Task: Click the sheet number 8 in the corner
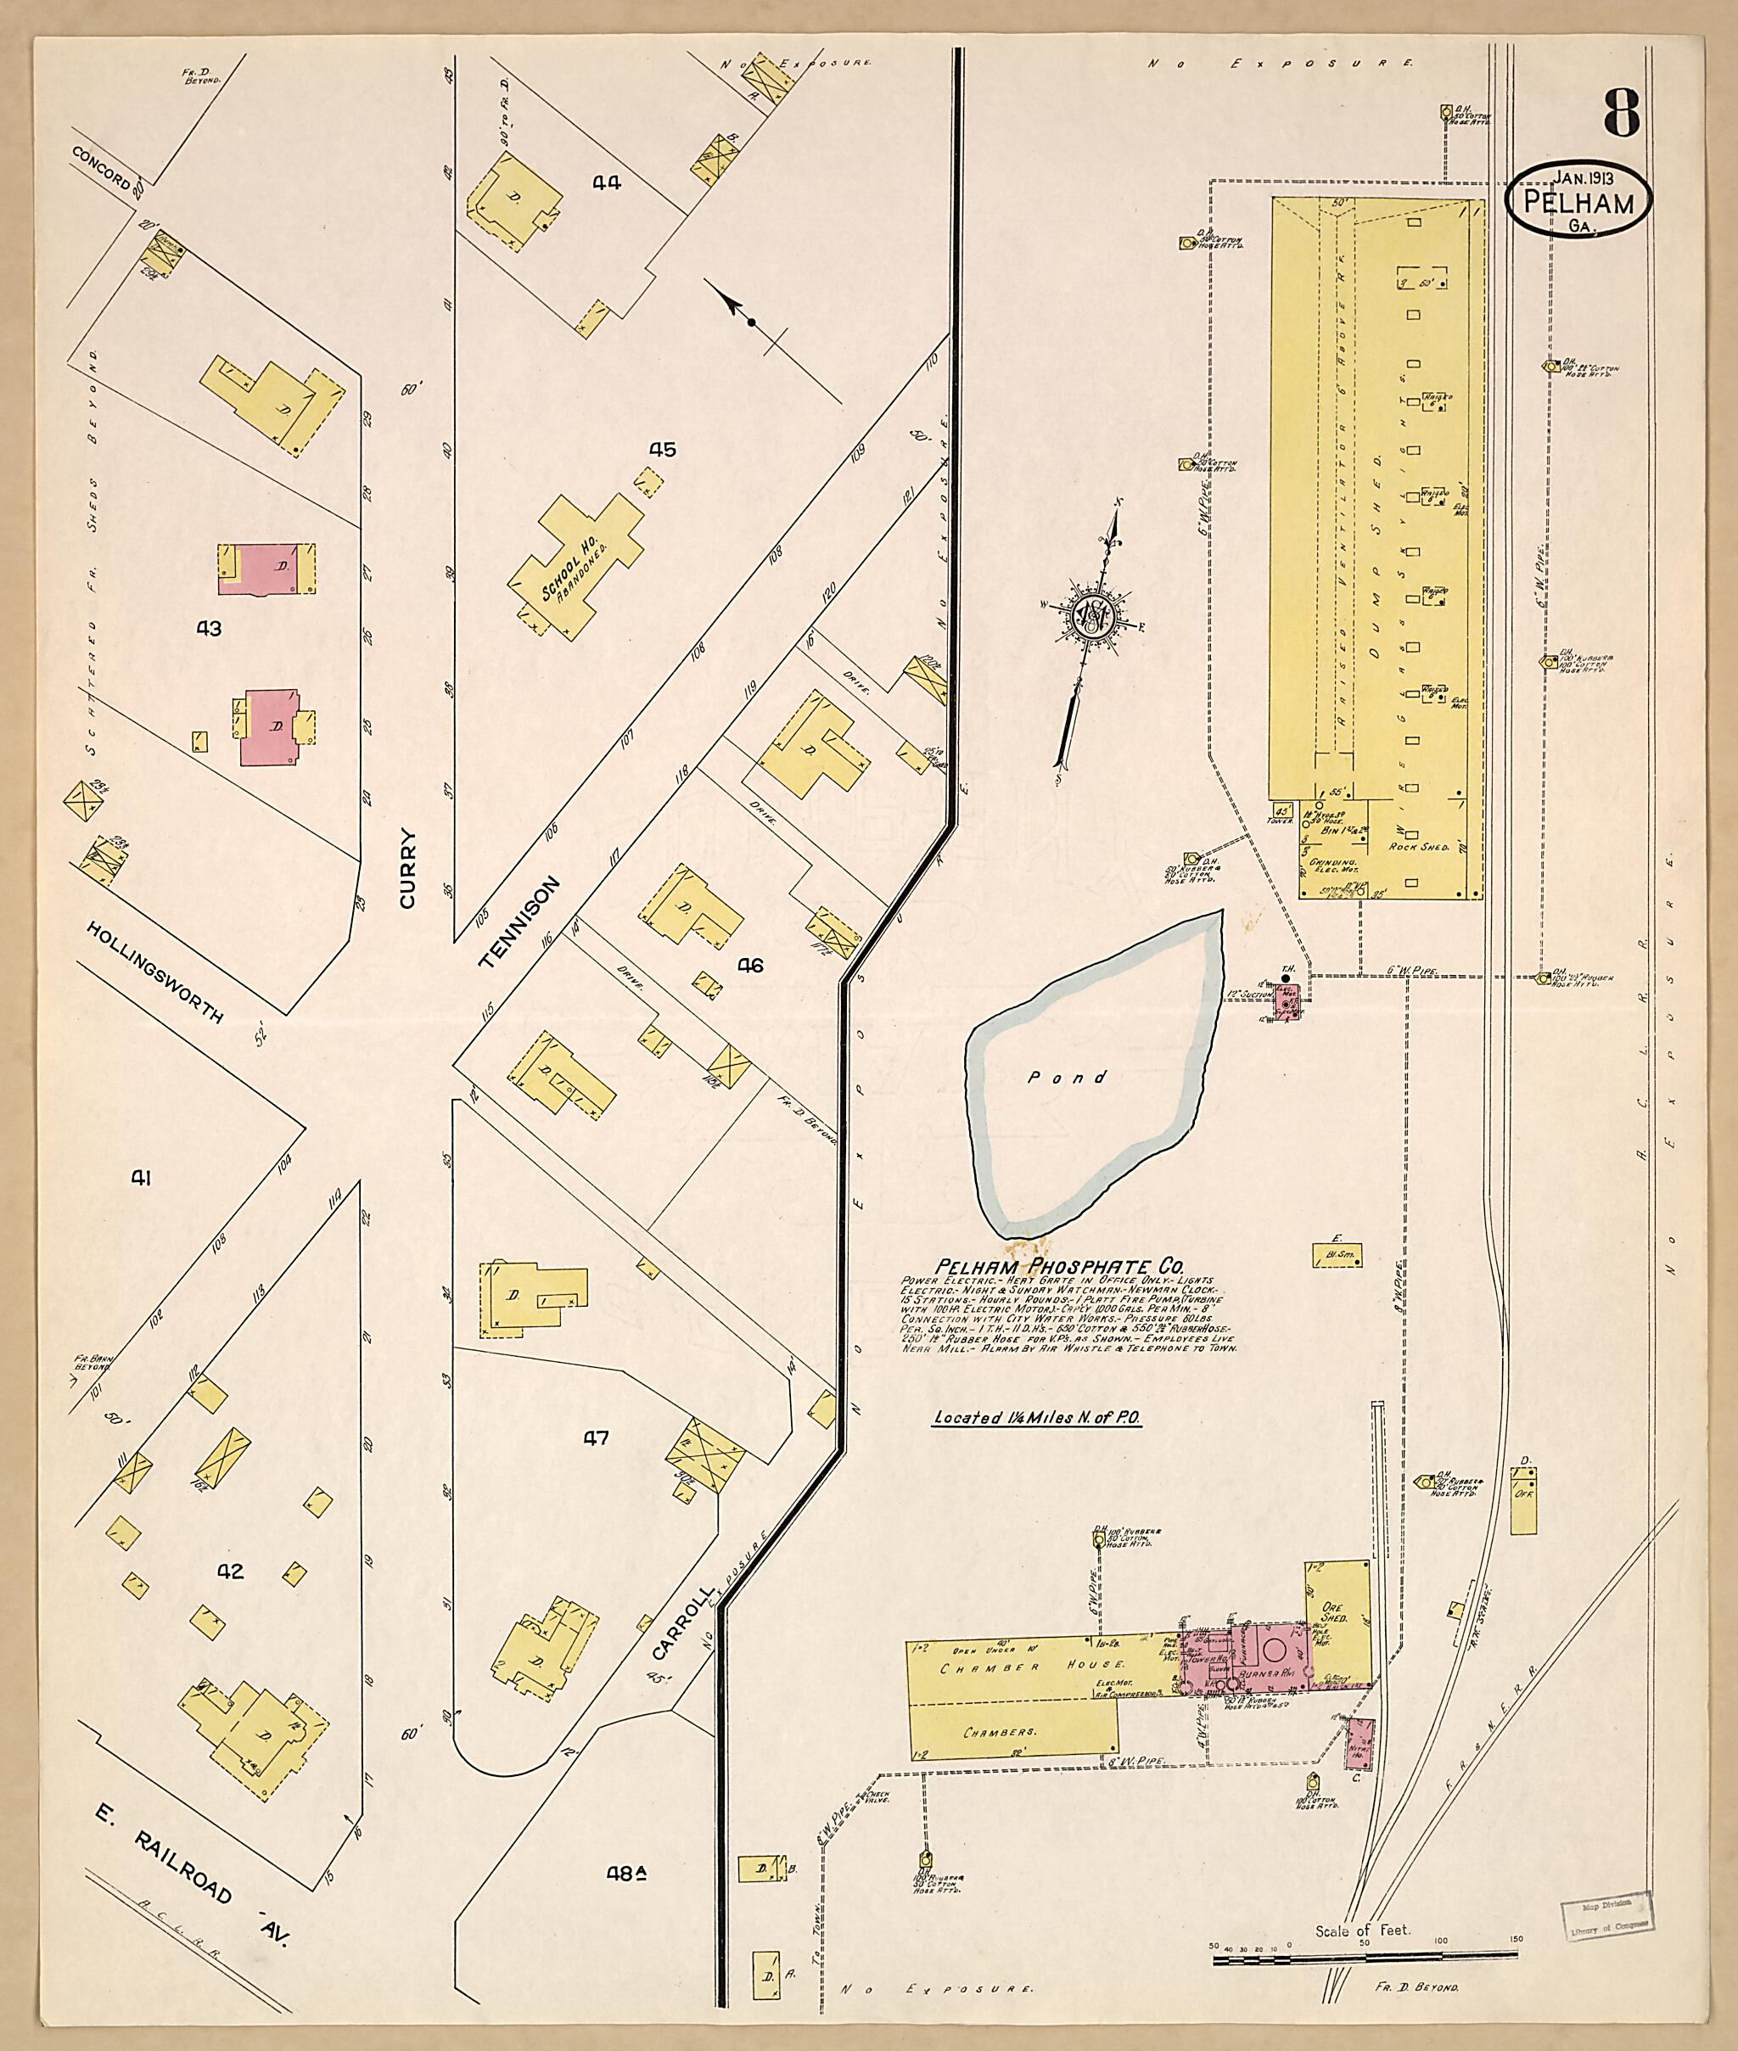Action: [x=1621, y=115]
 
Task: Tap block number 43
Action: [x=209, y=629]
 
